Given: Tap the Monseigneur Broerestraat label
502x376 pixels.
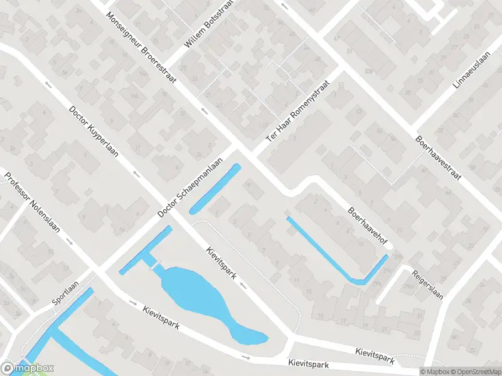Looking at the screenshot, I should click(x=141, y=47).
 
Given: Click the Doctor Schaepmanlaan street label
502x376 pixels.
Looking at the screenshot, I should click(x=191, y=187).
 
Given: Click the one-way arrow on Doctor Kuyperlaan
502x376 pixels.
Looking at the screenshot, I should click(x=135, y=173).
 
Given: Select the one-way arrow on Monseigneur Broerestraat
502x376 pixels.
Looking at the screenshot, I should click(x=204, y=111).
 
